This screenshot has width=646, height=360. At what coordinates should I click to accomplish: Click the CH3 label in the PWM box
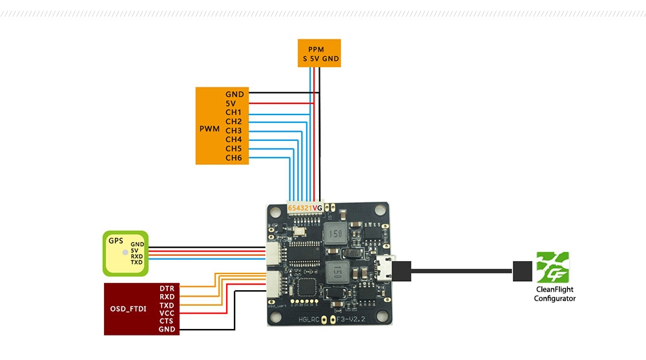click(x=233, y=131)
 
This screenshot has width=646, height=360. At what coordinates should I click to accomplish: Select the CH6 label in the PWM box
click(x=233, y=158)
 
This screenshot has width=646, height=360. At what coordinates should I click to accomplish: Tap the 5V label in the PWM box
click(x=231, y=103)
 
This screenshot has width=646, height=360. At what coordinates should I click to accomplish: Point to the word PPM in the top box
click(x=317, y=49)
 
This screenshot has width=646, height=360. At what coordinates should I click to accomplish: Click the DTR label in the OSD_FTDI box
click(x=167, y=287)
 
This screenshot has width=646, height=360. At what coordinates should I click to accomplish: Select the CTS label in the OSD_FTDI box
click(x=167, y=321)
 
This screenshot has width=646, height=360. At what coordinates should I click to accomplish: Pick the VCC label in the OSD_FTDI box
click(x=167, y=312)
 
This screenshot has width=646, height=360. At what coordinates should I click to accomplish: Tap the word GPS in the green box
click(x=116, y=240)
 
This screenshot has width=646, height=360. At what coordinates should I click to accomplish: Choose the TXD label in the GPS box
click(x=136, y=263)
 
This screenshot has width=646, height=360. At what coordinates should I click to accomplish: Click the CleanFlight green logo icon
click(x=554, y=270)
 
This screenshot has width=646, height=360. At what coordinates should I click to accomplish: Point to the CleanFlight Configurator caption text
click(x=554, y=295)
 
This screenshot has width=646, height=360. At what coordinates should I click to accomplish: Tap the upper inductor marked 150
click(x=336, y=235)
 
